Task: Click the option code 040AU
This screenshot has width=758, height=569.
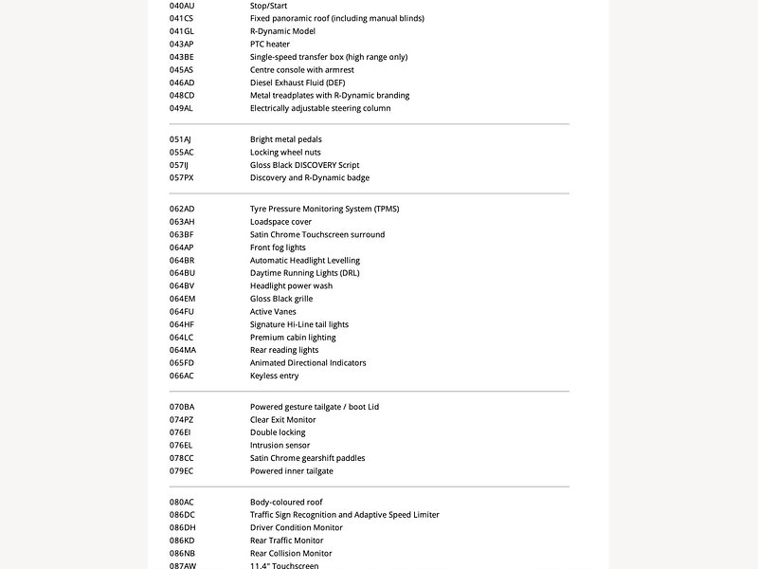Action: click(x=182, y=6)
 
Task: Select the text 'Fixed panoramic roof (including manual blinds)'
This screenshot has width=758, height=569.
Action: click(x=336, y=18)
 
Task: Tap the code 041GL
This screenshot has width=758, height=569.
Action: click(x=182, y=31)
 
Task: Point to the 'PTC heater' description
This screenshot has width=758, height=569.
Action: click(x=270, y=44)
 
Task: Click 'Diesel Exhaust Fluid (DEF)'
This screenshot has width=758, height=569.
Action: click(x=298, y=83)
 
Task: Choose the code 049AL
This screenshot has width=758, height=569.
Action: click(x=181, y=108)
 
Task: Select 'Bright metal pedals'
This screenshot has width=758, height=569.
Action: click(x=286, y=139)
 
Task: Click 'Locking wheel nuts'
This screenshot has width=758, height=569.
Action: click(x=285, y=152)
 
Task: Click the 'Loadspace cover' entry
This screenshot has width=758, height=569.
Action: click(x=280, y=222)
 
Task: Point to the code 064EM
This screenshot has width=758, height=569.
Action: click(x=182, y=299)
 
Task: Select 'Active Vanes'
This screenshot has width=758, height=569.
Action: click(x=273, y=311)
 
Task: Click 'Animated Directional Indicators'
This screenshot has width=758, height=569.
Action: click(x=308, y=362)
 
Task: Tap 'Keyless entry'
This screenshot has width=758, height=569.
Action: click(x=274, y=376)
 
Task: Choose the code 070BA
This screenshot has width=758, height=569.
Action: click(x=182, y=407)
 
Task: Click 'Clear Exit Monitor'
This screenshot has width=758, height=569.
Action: click(x=283, y=419)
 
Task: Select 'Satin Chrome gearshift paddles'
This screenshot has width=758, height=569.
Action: click(x=307, y=458)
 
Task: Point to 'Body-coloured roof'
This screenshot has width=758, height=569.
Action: click(x=286, y=502)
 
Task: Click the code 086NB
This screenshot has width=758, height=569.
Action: click(x=182, y=553)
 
